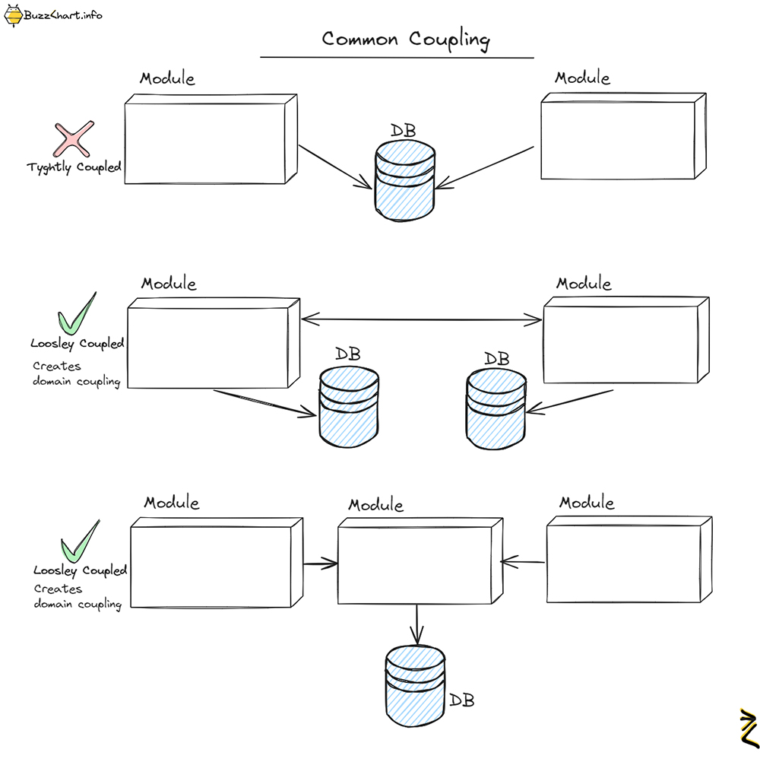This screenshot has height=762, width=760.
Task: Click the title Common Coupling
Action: click(406, 40)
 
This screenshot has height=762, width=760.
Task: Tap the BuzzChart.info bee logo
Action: click(14, 15)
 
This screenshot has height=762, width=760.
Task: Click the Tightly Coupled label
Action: click(74, 167)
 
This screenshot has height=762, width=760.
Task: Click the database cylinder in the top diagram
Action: click(405, 183)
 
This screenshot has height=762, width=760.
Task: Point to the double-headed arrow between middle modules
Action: click(422, 320)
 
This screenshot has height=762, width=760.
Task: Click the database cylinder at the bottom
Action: click(415, 684)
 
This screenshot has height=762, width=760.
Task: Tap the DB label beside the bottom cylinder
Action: click(461, 700)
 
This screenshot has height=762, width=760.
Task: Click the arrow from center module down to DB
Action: click(416, 624)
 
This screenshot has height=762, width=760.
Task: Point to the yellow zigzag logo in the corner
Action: click(747, 728)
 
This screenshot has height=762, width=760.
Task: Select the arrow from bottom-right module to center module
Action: click(523, 563)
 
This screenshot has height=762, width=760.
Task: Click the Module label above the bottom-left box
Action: click(172, 503)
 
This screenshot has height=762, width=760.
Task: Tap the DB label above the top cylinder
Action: click(403, 130)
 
